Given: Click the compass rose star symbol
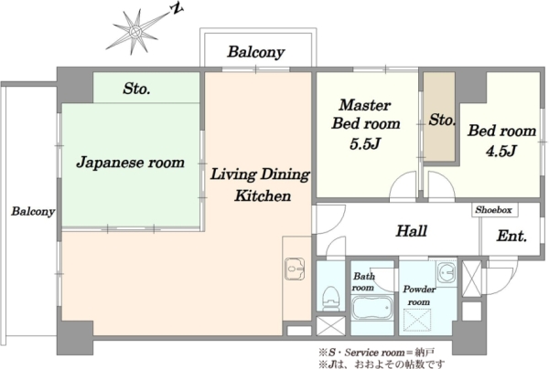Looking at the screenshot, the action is (x=135, y=32).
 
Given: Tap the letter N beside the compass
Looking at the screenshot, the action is (x=178, y=9).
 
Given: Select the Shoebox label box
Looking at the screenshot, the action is (x=494, y=210).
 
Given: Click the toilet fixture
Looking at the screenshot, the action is (x=331, y=299).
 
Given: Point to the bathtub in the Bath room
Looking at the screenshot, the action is (x=371, y=308).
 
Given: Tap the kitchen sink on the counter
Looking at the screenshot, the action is (x=295, y=269).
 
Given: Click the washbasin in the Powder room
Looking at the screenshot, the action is (x=446, y=271).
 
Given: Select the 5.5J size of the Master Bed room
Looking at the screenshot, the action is (x=365, y=143).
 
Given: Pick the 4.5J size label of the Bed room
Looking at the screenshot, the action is (x=501, y=151).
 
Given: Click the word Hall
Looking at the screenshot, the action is (x=412, y=231).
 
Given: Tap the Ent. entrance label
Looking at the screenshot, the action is (x=511, y=237).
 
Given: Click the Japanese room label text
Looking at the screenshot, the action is (x=130, y=163).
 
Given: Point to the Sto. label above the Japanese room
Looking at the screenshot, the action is (x=136, y=89).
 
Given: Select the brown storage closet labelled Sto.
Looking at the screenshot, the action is (x=439, y=117).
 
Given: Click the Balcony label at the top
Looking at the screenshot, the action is (x=256, y=52).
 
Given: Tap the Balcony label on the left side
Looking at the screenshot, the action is (x=33, y=211).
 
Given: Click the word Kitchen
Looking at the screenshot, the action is (x=263, y=195).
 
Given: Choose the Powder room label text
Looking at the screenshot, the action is (x=419, y=296).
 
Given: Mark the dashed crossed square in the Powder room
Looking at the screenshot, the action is (x=417, y=319).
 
